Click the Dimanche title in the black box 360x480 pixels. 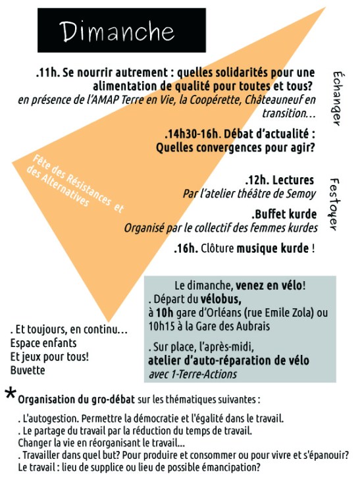(117, 31)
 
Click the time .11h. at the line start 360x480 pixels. (45, 72)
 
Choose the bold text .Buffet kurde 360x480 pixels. (284, 215)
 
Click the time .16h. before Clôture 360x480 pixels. (186, 249)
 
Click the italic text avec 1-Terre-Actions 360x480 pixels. (192, 374)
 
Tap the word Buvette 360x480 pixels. (28, 370)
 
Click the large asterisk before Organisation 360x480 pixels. (11, 394)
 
